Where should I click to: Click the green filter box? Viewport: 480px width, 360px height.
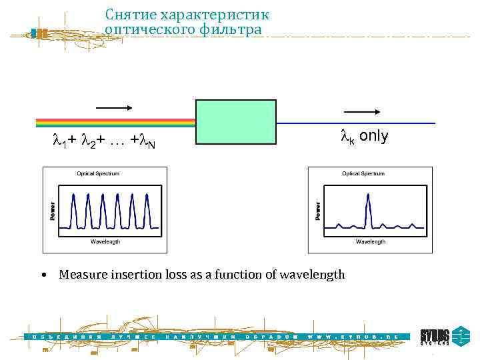235,122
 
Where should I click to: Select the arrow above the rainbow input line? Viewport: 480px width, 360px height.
115,107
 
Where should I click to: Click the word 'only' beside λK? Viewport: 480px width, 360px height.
373,136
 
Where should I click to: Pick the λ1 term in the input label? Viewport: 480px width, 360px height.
59,141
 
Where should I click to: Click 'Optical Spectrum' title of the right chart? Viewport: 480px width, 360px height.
363,173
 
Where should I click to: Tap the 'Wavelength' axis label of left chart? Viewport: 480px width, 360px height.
105,241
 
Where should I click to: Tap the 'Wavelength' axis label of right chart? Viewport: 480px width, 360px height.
370,241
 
